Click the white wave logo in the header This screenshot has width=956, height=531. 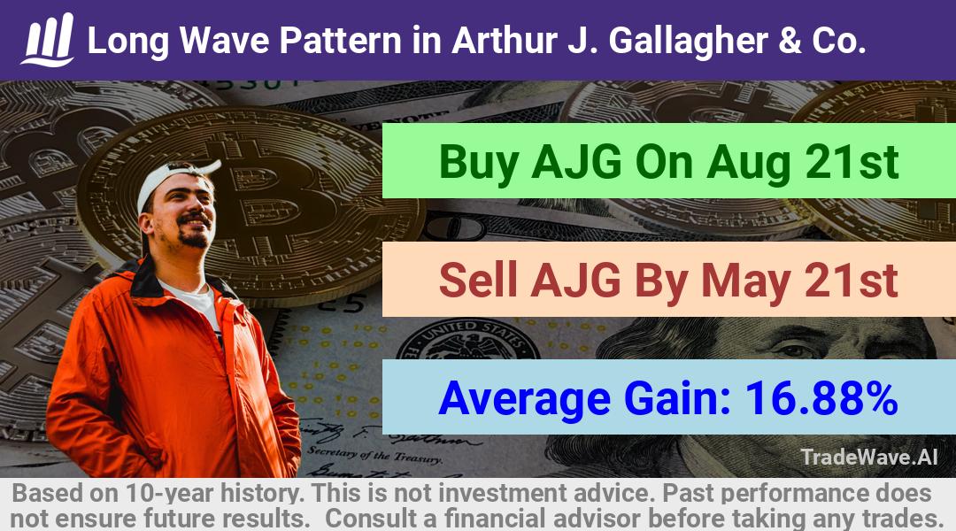pos(48,40)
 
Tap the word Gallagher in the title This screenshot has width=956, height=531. pos(689,41)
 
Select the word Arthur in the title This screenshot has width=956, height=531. pos(505,40)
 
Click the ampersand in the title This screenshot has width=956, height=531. pos(790,40)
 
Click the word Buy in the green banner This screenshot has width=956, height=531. pos(480,163)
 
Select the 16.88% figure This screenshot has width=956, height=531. pos(821,398)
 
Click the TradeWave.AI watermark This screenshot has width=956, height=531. pos(869,457)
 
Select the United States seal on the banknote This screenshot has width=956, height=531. pos(467,342)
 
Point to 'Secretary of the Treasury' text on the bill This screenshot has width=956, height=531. pos(374,453)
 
